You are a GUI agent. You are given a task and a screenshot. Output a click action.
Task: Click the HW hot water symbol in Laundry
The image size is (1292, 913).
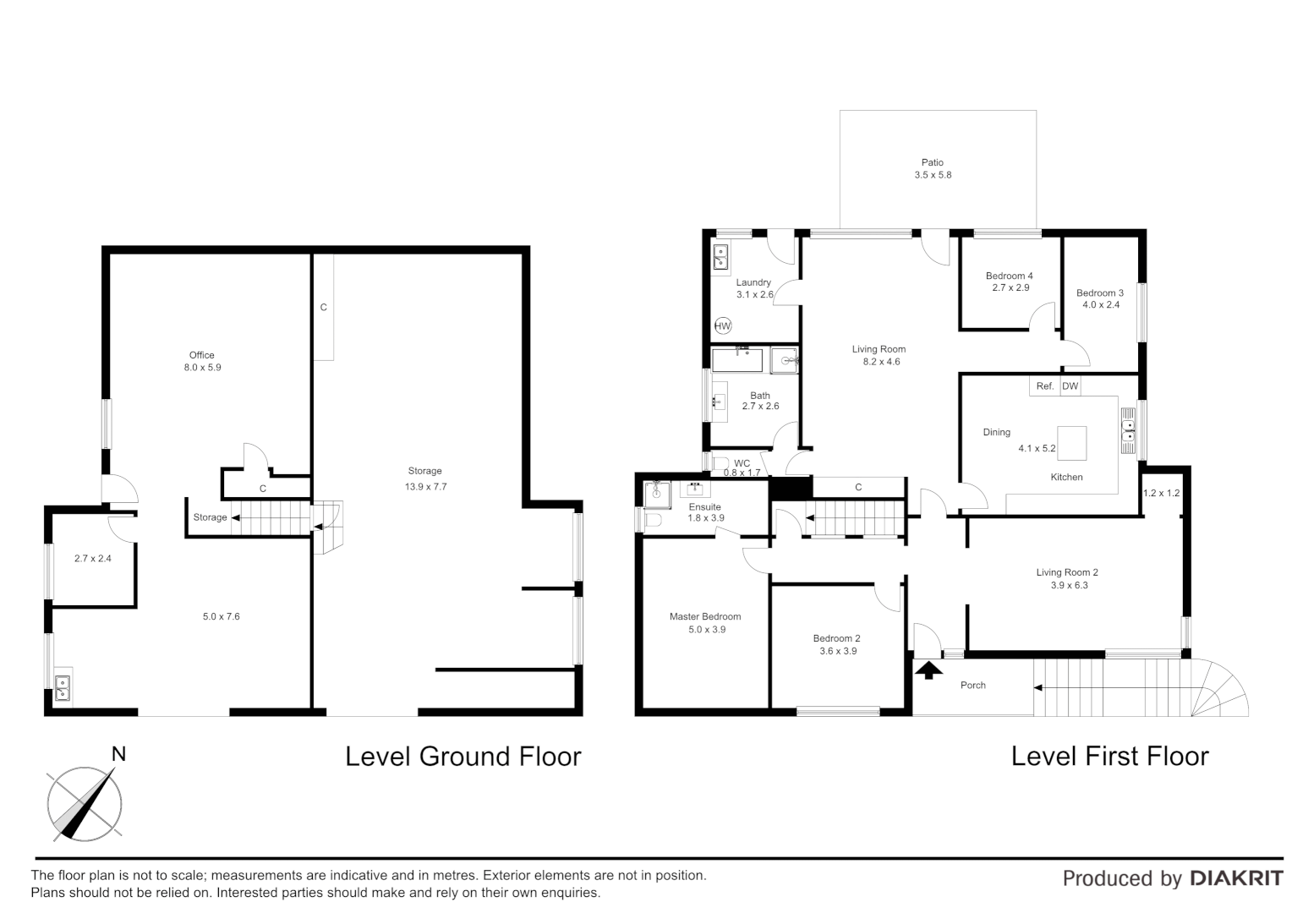pyautogui.click(x=723, y=325)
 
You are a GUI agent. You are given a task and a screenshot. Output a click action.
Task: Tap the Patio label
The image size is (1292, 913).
pyautogui.click(x=932, y=162)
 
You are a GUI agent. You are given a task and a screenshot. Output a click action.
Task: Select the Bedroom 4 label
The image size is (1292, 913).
pyautogui.click(x=1009, y=276)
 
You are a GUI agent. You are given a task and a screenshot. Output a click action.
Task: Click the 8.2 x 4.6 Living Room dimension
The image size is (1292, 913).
pyautogui.click(x=879, y=362)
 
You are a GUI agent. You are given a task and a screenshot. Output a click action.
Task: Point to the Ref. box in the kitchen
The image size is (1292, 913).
pyautogui.click(x=1045, y=386)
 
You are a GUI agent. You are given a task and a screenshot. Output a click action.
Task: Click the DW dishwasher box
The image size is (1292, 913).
pyautogui.click(x=1070, y=386)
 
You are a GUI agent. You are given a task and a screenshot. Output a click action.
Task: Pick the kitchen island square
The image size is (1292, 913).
pyautogui.click(x=1072, y=443)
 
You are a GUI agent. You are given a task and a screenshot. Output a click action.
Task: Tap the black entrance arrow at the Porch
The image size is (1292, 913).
pyautogui.click(x=929, y=670)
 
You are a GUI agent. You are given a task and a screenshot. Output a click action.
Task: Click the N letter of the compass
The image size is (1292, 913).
pyautogui.click(x=119, y=754)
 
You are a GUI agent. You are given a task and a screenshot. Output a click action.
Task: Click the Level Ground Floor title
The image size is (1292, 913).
pyautogui.click(x=463, y=756)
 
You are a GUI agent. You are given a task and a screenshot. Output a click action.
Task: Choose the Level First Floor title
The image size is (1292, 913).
pyautogui.click(x=1109, y=756)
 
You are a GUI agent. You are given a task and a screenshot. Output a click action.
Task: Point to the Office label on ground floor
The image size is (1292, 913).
pyautogui.click(x=201, y=355)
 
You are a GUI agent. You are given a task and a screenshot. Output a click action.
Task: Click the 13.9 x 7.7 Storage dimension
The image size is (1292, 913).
pyautogui.click(x=425, y=486)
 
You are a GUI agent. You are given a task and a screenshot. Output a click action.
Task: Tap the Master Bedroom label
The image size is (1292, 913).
pyautogui.click(x=705, y=617)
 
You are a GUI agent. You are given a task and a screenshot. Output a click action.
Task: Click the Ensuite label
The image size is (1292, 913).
pyautogui.click(x=704, y=507)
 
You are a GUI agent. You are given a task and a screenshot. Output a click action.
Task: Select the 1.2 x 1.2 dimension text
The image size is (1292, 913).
pyautogui.click(x=1160, y=493)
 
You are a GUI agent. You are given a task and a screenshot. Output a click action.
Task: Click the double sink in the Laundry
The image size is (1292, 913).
pyautogui.click(x=721, y=257)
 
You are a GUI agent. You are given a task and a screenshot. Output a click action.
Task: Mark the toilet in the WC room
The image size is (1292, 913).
pyautogui.click(x=721, y=463)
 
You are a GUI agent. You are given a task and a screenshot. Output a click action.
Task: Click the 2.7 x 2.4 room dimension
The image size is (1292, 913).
pyautogui.click(x=93, y=558)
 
